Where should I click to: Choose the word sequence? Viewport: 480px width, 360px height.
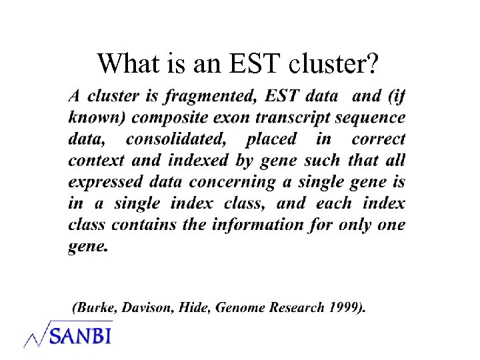pos(371,117)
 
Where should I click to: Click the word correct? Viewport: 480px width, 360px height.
pos(378,139)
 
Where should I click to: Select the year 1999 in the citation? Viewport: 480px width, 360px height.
pos(344,308)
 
